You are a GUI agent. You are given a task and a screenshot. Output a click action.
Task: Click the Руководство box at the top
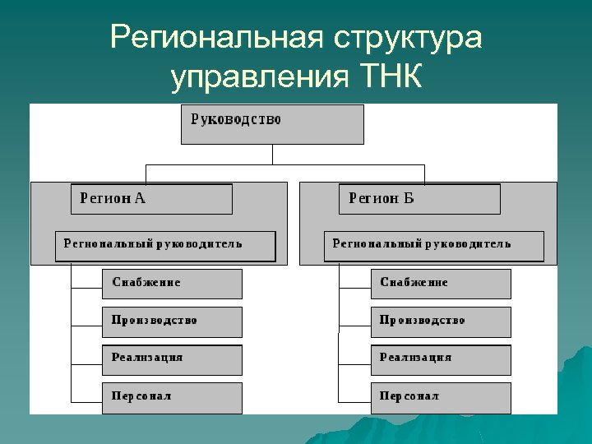(x=272, y=123)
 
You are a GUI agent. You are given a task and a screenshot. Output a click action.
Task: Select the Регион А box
(x=151, y=199)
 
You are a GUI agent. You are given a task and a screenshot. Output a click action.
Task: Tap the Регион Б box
(x=419, y=199)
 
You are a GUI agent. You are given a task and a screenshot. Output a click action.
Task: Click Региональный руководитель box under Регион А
(x=165, y=246)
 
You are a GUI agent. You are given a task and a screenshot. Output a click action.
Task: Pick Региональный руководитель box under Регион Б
(x=433, y=246)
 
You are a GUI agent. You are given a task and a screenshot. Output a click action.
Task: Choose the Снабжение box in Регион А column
(x=172, y=284)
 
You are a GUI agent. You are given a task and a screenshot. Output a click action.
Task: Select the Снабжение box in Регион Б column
(x=441, y=284)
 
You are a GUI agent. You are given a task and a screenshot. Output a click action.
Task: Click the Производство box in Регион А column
(x=172, y=321)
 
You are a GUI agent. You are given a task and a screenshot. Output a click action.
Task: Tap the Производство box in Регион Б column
(x=441, y=321)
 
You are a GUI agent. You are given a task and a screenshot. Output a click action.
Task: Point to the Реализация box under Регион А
(x=172, y=359)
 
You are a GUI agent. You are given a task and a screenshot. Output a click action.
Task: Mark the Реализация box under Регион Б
(x=441, y=359)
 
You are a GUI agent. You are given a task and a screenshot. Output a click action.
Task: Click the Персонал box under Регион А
(x=172, y=397)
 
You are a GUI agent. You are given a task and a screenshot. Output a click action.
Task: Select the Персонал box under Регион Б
(x=441, y=397)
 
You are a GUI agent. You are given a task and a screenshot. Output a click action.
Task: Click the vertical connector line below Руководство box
(x=272, y=155)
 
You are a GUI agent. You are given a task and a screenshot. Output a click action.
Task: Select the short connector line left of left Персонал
(x=86, y=401)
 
